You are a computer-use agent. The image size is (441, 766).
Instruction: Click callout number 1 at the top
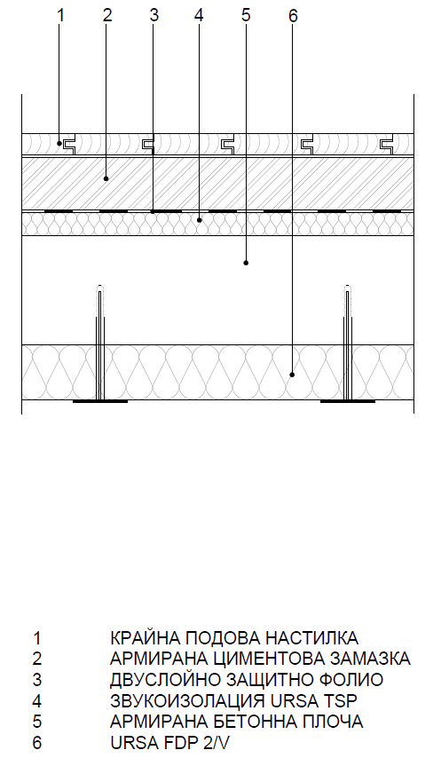tap(60, 15)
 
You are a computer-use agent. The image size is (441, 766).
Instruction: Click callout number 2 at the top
tap(107, 15)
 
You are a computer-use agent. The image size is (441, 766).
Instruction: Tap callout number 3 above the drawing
tap(154, 15)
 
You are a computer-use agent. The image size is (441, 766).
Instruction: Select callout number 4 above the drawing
tap(198, 15)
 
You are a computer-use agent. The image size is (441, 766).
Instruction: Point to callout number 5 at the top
tap(246, 15)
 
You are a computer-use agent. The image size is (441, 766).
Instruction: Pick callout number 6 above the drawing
tap(293, 16)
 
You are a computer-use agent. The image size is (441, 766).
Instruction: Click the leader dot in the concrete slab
tap(246, 263)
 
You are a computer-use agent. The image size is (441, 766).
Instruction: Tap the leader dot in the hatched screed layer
tap(106, 179)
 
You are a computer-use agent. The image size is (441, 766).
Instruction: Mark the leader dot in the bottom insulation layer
tap(292, 375)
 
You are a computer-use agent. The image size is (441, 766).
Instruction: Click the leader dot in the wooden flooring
tap(59, 143)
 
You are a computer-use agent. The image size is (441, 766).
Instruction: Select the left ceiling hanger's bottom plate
tap(100, 401)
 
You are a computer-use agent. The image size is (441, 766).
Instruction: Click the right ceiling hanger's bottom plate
tap(348, 401)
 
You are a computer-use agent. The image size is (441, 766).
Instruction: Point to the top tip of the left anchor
tap(100, 284)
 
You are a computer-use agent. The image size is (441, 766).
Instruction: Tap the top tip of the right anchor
tap(347, 284)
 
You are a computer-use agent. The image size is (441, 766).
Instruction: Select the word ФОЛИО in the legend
tap(351, 680)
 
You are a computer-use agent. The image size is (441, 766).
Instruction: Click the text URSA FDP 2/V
tap(169, 743)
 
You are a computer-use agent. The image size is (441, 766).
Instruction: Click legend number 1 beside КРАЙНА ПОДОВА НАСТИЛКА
tap(37, 637)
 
